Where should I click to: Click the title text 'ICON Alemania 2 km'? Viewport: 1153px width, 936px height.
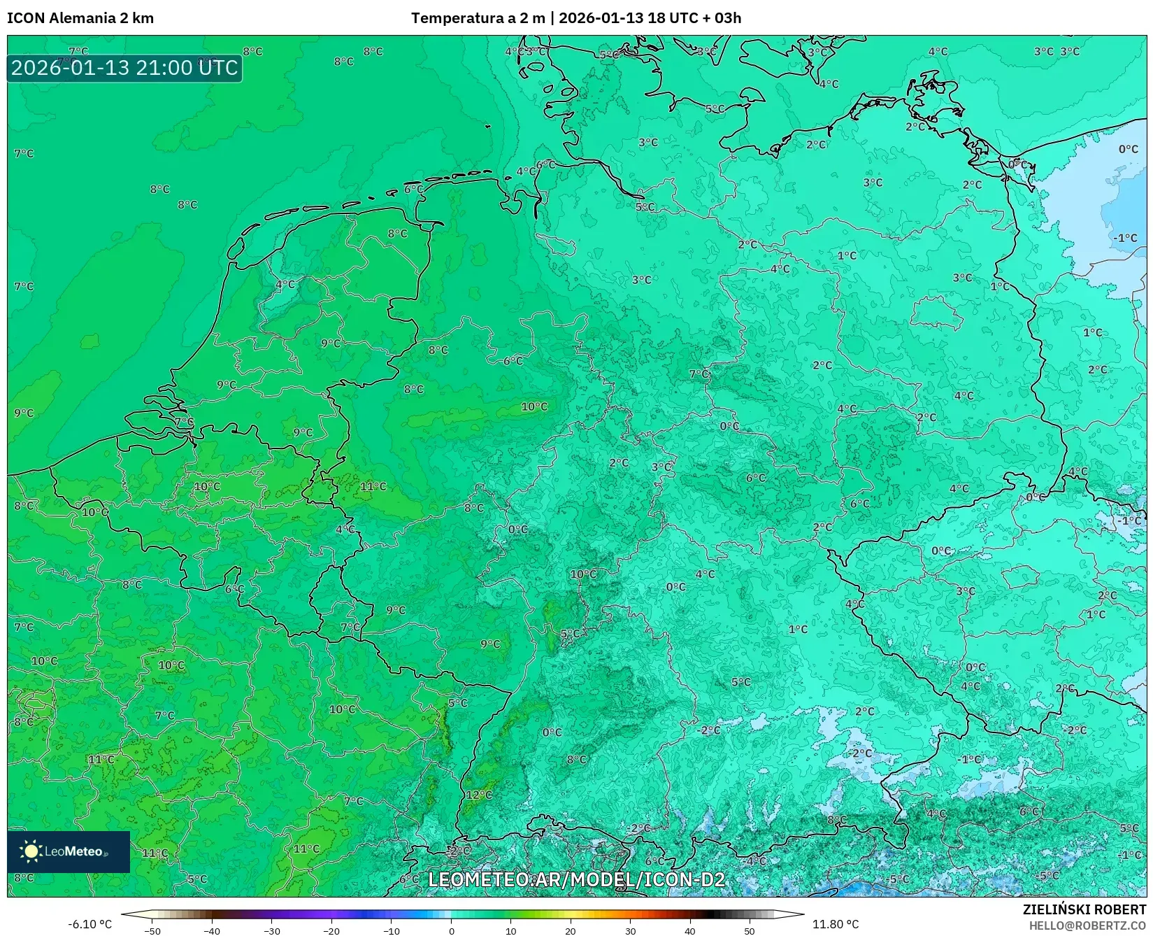[x=80, y=18]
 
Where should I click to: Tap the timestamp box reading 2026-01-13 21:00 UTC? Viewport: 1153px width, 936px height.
[x=124, y=68]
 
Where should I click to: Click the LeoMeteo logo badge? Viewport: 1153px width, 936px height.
[x=69, y=851]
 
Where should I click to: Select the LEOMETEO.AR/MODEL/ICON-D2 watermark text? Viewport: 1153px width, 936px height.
[x=576, y=879]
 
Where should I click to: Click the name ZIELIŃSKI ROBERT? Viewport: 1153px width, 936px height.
[x=1084, y=909]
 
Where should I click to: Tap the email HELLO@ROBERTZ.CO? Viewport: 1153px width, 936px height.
[x=1087, y=926]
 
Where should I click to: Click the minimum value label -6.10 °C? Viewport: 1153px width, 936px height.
[x=89, y=924]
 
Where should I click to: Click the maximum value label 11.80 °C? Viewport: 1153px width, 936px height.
[x=835, y=924]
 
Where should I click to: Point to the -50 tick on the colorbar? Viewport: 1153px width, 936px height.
[x=152, y=931]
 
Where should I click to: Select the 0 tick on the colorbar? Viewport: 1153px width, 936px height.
[x=452, y=931]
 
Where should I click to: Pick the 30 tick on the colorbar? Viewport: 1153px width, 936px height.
[x=631, y=931]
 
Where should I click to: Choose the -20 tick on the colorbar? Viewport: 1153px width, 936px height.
[x=331, y=931]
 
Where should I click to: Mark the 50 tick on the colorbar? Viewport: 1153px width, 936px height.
[x=750, y=931]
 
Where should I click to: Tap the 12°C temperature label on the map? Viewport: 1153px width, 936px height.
[x=479, y=795]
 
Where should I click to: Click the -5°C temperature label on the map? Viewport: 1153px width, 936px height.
[x=1048, y=875]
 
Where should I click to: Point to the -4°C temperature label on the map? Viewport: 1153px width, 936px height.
[x=755, y=860]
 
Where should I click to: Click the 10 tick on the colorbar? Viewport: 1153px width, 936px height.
[x=511, y=931]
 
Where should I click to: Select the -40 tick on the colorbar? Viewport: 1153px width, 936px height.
[x=212, y=931]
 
